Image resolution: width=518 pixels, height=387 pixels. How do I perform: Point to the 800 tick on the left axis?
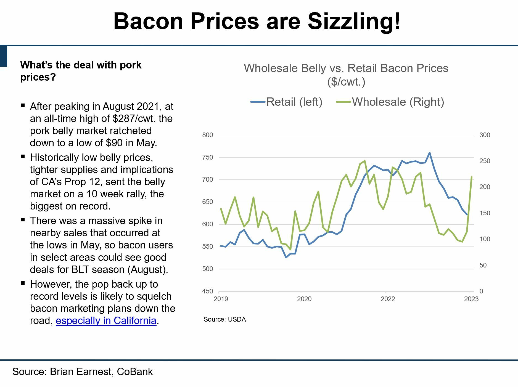click(x=208, y=135)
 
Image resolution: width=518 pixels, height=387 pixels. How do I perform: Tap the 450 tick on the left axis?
click(x=208, y=291)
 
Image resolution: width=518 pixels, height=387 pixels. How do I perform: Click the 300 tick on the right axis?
click(x=485, y=135)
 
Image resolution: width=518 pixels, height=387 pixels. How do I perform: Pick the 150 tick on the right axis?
click(x=485, y=213)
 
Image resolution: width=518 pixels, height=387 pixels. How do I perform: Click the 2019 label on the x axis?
click(x=221, y=299)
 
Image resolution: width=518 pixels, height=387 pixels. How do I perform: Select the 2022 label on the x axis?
click(x=388, y=299)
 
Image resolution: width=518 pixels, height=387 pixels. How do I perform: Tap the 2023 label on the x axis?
click(x=471, y=299)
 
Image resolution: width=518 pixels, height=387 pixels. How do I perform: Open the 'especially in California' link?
click(x=106, y=321)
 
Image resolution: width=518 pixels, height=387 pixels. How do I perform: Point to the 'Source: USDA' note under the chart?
click(x=224, y=319)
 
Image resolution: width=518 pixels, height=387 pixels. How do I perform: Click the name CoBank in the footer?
click(x=135, y=372)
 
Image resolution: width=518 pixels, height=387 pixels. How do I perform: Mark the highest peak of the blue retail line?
click(x=429, y=153)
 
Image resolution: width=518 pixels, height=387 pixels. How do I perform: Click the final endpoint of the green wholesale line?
click(x=472, y=177)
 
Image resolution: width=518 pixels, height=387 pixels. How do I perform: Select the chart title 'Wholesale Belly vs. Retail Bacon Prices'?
click(x=346, y=68)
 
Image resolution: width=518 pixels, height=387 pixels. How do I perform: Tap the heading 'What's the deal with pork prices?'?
click(x=81, y=71)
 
